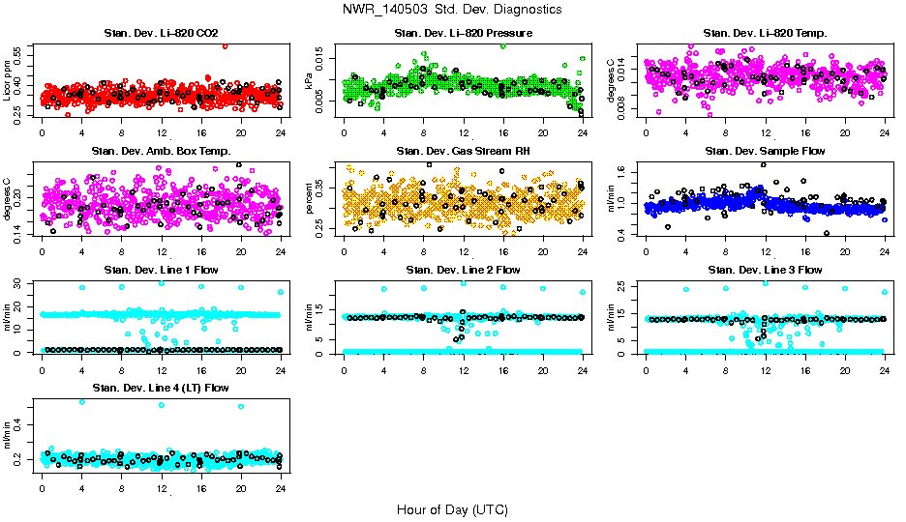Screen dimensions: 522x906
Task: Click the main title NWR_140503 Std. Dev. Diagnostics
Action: coord(452,10)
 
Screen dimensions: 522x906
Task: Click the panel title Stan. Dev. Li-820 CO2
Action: coord(161,34)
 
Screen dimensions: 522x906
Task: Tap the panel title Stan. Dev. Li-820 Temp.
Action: coord(765,34)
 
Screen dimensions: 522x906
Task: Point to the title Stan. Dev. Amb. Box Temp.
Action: coord(161,152)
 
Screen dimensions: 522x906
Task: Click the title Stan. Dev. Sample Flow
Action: coord(765,152)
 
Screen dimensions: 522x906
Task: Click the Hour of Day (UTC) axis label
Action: coord(452,508)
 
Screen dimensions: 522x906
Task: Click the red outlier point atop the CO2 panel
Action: coord(225,45)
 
